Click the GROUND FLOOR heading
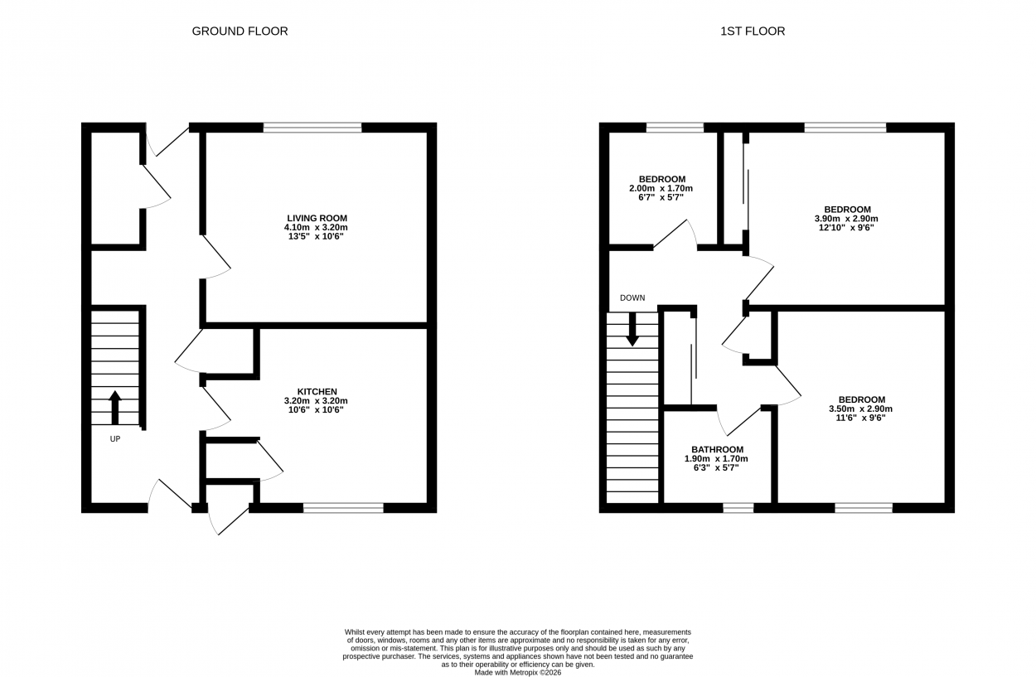click(x=240, y=31)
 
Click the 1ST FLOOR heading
click(x=753, y=31)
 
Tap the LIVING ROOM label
click(x=317, y=218)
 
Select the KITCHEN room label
click(x=317, y=392)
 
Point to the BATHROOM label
click(x=718, y=449)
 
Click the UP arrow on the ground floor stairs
click(x=114, y=408)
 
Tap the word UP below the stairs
click(x=114, y=439)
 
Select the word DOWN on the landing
click(x=632, y=297)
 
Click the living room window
click(x=312, y=128)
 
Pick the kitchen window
click(x=344, y=508)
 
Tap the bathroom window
click(x=738, y=508)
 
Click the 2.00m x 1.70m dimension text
click(x=661, y=189)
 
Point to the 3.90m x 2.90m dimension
click(x=846, y=219)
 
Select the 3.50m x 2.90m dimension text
click(x=861, y=409)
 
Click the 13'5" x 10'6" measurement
click(x=317, y=237)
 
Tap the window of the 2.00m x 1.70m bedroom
click(x=675, y=128)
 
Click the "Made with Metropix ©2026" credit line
click(x=517, y=672)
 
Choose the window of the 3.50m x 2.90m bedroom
click(x=864, y=508)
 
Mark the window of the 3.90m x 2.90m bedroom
click(x=845, y=128)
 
